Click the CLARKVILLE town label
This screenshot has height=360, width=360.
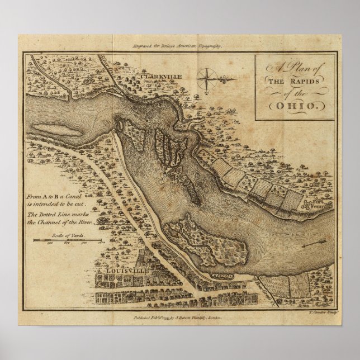coord(144,75)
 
